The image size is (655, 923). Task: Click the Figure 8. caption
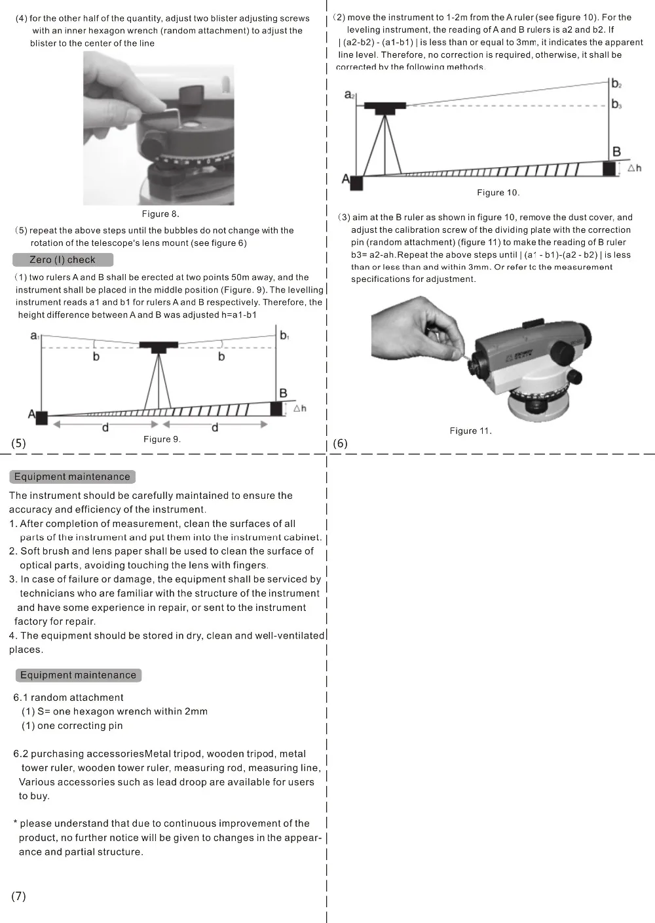tap(160, 214)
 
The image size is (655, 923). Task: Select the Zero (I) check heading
tap(63, 260)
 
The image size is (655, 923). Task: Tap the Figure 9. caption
tap(162, 439)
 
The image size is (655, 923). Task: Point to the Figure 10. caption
tap(498, 193)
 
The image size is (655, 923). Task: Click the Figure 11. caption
tap(470, 431)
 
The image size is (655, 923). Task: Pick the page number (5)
tap(18, 443)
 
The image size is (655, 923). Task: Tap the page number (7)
tap(18, 896)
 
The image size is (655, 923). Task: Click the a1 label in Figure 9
tap(35, 336)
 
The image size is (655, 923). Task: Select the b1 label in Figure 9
tap(284, 335)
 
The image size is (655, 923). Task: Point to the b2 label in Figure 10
tap(616, 84)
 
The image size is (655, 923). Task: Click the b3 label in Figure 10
tap(616, 104)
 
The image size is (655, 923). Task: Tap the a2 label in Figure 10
tap(349, 95)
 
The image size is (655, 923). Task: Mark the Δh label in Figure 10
tap(634, 168)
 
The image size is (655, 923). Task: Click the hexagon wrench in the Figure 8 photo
tap(170, 113)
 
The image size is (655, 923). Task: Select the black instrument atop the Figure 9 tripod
tap(159, 347)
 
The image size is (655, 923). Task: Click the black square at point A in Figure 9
tap(41, 418)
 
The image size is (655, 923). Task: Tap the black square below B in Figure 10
tap(609, 168)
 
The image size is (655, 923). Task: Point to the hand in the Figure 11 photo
tap(417, 330)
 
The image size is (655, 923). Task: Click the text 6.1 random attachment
tap(68, 697)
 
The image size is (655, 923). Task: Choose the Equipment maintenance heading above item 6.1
tap(78, 675)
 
